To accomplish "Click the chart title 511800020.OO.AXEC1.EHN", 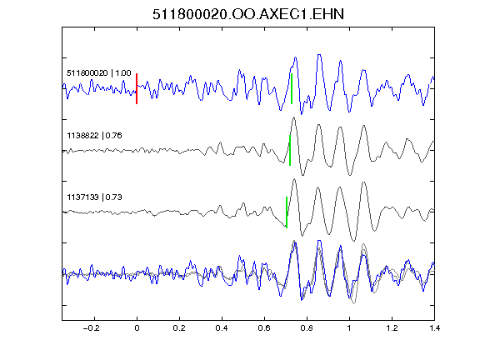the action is tap(248, 14).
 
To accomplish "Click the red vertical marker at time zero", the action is tap(137, 89).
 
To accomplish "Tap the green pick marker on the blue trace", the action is tap(292, 89).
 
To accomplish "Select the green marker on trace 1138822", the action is tap(290, 150).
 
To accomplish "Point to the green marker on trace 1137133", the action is tap(287, 212).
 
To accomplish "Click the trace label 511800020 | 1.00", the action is tap(99, 73).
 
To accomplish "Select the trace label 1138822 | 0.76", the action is tap(94, 135).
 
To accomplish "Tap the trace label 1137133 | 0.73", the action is tap(94, 197).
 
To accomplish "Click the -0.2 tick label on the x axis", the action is tap(92, 328).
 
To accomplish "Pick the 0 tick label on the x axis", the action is tap(137, 328).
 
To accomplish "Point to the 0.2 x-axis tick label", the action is tap(179, 328).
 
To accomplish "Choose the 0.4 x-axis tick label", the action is tap(222, 328).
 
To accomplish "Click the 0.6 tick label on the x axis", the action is tap(264, 328).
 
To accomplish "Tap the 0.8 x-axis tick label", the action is tap(307, 328).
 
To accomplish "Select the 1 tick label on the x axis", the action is tap(349, 328).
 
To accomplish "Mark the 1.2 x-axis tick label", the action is tap(392, 328).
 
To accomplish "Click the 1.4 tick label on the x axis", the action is tap(434, 328).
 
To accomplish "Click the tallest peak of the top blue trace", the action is tap(319, 55).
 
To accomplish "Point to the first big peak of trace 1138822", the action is tap(294, 117).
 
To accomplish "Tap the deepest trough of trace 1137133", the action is tap(354, 241).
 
